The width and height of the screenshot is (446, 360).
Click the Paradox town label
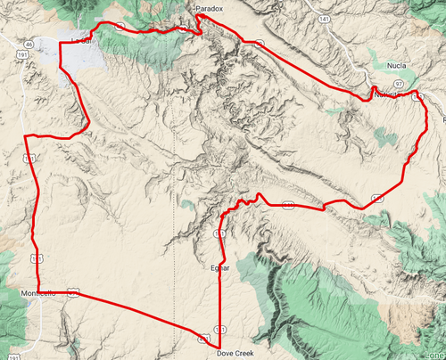pyautogui.click(x=208, y=8)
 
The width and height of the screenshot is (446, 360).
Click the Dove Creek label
pyautogui.click(x=235, y=353)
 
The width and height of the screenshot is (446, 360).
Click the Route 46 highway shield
pyautogui.click(x=29, y=43)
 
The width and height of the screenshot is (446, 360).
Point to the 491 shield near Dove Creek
pyautogui.click(x=204, y=340)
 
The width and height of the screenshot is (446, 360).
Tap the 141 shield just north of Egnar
pyautogui.click(x=219, y=233)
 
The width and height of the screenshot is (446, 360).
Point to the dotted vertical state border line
pyautogui.click(x=173, y=178)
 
